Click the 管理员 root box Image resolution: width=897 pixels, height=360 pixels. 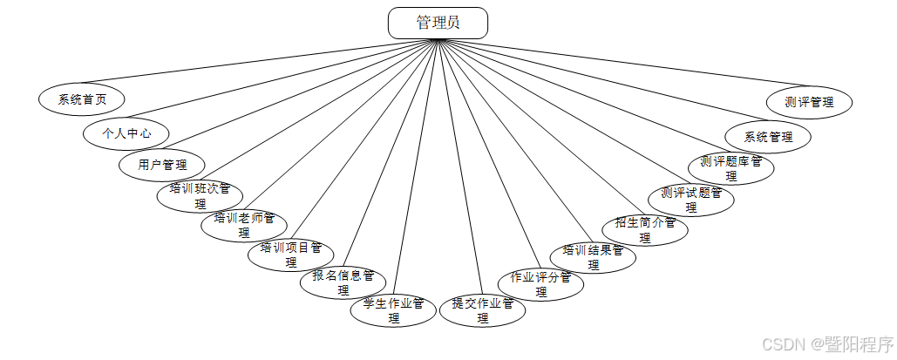click(x=438, y=24)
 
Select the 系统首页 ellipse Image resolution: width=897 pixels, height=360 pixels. click(x=82, y=98)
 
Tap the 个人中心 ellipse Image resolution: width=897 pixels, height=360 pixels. click(x=126, y=133)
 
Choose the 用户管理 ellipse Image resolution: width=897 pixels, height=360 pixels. click(x=162, y=164)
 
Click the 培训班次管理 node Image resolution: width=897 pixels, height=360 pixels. click(x=200, y=195)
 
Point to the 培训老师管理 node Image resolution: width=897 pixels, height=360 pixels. click(x=244, y=225)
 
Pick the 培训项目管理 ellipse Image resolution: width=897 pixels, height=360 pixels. click(x=291, y=254)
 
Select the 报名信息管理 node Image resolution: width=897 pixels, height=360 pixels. click(x=343, y=282)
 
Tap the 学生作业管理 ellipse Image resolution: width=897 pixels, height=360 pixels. click(x=393, y=310)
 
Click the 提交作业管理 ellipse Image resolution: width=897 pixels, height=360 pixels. click(x=482, y=310)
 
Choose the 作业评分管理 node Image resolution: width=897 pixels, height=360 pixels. click(x=540, y=284)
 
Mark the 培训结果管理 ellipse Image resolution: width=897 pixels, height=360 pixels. click(x=593, y=256)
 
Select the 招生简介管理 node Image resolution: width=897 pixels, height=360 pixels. click(x=645, y=228)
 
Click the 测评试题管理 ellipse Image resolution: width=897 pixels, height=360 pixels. click(x=691, y=200)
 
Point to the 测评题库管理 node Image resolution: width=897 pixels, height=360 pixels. click(x=731, y=167)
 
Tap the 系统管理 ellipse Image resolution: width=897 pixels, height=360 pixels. click(x=768, y=137)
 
